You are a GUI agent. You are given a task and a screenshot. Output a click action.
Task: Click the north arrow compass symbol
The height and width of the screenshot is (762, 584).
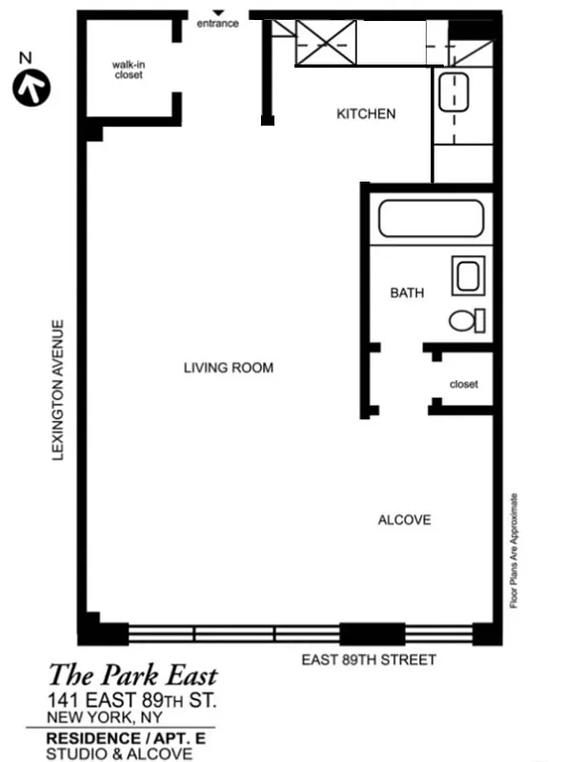(30, 87)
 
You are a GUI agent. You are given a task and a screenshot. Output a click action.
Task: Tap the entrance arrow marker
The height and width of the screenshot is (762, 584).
(217, 12)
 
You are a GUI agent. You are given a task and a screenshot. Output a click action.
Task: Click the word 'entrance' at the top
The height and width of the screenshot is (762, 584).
(217, 24)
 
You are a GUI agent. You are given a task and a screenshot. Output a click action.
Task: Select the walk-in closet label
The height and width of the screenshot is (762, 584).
(128, 70)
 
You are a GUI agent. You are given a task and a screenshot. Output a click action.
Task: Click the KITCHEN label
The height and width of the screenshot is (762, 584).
(366, 113)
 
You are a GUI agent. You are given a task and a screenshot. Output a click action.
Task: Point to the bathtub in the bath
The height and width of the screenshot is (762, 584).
(431, 219)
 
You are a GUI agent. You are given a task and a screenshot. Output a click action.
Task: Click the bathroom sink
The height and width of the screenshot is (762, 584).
(468, 277)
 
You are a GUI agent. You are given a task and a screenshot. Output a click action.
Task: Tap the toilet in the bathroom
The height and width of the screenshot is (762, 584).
(468, 320)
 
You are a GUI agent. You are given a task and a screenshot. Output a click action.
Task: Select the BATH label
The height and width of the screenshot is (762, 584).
(407, 293)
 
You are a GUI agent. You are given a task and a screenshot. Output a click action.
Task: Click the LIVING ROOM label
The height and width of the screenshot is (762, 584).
(229, 368)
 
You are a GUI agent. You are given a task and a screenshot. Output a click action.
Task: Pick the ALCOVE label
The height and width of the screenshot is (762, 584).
(404, 520)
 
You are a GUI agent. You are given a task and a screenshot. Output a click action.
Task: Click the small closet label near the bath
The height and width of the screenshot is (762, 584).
(463, 384)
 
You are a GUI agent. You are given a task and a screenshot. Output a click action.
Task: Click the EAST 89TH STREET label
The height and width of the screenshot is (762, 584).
(369, 659)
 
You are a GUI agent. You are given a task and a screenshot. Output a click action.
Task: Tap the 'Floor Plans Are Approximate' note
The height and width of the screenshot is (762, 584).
(514, 551)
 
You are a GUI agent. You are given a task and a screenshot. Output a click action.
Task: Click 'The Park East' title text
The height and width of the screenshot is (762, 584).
(132, 677)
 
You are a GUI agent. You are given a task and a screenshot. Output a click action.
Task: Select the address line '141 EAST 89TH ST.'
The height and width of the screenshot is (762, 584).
(133, 701)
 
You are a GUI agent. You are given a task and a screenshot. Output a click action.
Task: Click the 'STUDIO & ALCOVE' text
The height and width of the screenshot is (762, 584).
(119, 753)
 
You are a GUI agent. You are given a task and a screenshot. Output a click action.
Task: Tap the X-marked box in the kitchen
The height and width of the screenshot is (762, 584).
(325, 42)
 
